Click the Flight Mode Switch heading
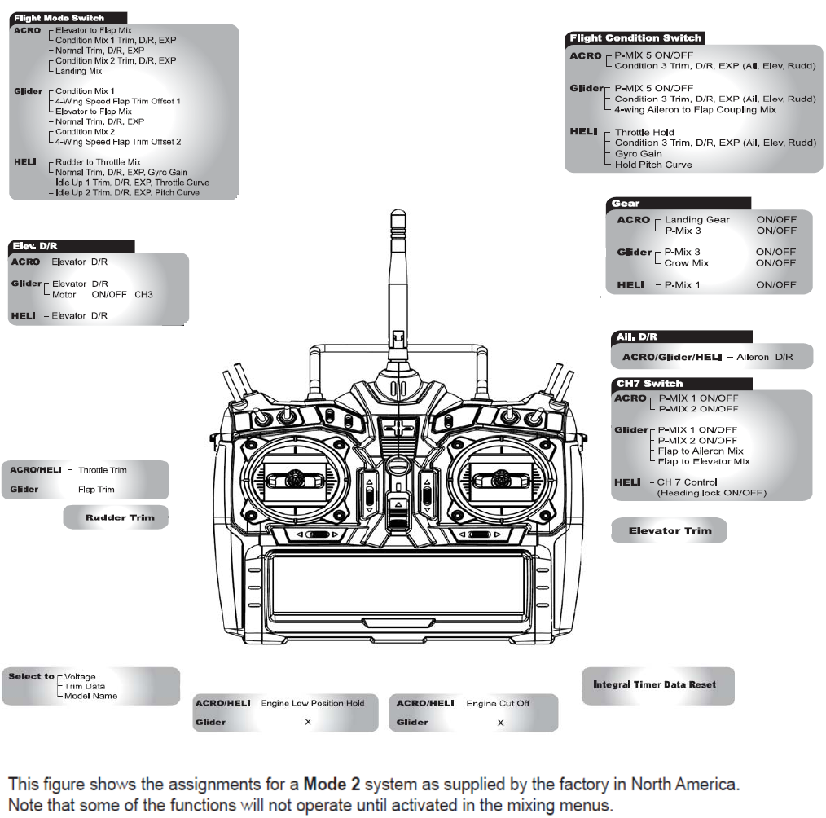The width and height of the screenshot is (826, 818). click(x=59, y=18)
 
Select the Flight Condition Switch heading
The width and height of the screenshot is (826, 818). click(x=635, y=38)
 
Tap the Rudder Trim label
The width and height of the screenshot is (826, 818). click(x=120, y=517)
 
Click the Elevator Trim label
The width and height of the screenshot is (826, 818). click(x=670, y=530)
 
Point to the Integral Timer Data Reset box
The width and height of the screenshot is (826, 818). click(x=658, y=686)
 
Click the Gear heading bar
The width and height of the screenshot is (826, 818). click(x=679, y=204)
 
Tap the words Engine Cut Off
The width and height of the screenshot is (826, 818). click(x=498, y=703)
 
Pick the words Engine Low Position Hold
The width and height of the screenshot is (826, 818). click(x=312, y=703)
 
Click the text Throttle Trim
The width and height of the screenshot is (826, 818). click(x=102, y=470)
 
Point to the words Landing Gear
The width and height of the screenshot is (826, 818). click(x=697, y=220)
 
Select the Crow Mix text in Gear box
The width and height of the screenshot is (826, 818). click(x=687, y=263)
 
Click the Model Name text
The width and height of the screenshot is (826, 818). click(x=90, y=696)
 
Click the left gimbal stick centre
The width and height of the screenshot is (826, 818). click(x=295, y=479)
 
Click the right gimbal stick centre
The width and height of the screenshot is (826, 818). click(x=501, y=479)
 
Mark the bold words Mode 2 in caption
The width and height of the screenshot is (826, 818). click(x=332, y=785)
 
